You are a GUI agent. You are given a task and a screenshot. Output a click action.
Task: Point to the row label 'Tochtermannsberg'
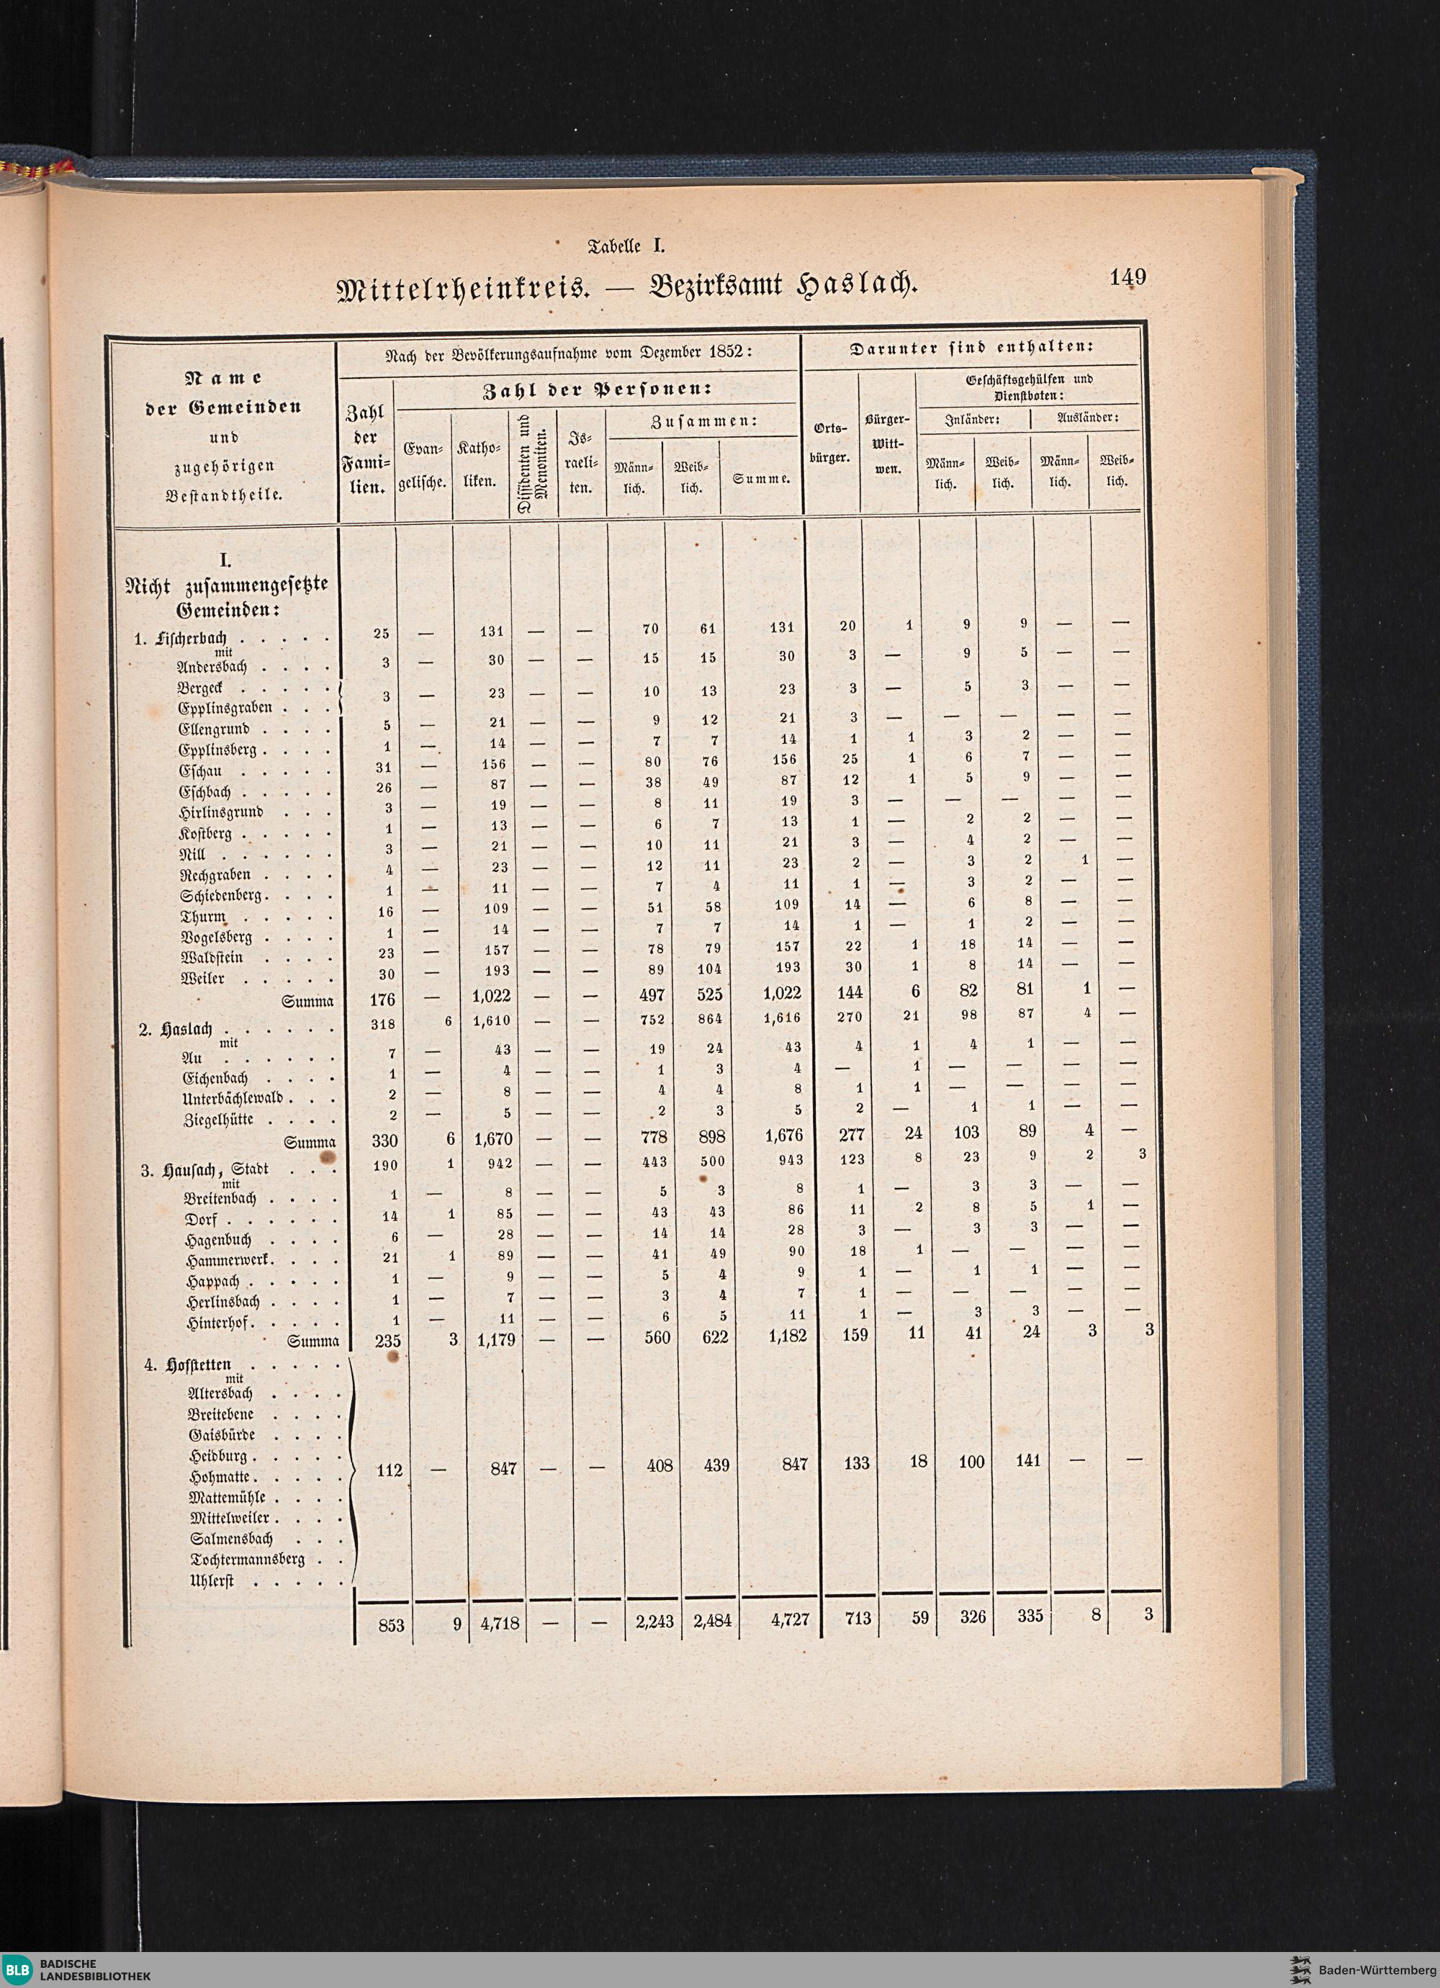click(x=246, y=1560)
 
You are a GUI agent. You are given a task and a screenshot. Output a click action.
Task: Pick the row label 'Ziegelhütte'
click(x=218, y=1120)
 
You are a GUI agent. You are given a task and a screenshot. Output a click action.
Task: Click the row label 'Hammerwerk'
click(x=231, y=1261)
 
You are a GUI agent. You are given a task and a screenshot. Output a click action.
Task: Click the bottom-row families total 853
click(x=391, y=1624)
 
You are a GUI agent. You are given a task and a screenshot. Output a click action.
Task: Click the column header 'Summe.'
click(x=762, y=480)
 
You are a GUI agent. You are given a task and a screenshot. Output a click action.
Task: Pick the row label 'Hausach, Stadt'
click(x=215, y=1170)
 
